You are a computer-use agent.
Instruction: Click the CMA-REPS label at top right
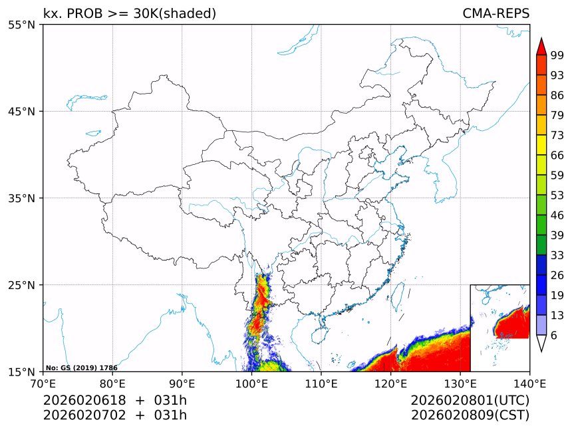point(496,13)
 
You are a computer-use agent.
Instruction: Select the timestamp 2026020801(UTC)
point(470,400)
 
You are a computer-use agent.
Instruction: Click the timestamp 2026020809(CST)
point(470,415)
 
